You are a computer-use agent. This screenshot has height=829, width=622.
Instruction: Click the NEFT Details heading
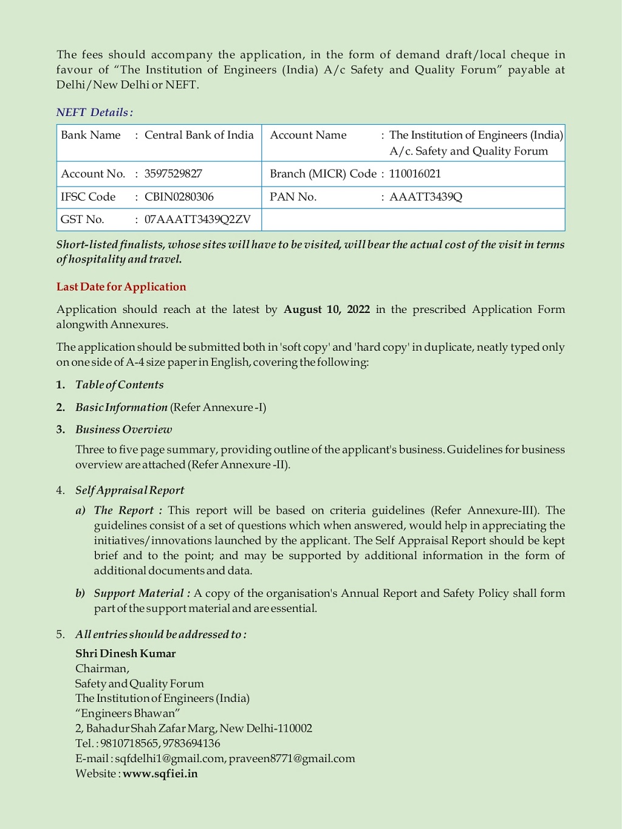94,112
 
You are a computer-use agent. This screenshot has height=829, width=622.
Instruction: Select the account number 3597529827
173,174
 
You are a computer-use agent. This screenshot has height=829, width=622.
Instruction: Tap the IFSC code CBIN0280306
179,197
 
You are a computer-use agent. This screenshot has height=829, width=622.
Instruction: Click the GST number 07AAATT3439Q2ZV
197,219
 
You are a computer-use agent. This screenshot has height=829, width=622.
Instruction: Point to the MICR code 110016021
415,174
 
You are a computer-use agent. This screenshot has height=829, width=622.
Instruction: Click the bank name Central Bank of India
199,135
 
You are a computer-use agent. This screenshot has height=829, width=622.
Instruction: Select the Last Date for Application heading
121,287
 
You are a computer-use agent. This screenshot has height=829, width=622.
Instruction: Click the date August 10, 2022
326,309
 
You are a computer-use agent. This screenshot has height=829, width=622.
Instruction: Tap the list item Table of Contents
119,385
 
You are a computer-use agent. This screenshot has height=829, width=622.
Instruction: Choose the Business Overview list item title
123,430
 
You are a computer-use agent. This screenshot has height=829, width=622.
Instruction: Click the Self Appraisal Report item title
129,490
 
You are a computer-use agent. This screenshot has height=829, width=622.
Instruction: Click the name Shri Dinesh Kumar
125,654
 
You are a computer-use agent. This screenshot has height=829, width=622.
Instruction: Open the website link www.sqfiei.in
160,774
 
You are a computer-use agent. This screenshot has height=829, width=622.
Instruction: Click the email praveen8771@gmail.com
292,758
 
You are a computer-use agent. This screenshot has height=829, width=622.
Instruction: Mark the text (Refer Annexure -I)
218,407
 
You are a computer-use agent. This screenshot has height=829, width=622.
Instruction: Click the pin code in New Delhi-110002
295,728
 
